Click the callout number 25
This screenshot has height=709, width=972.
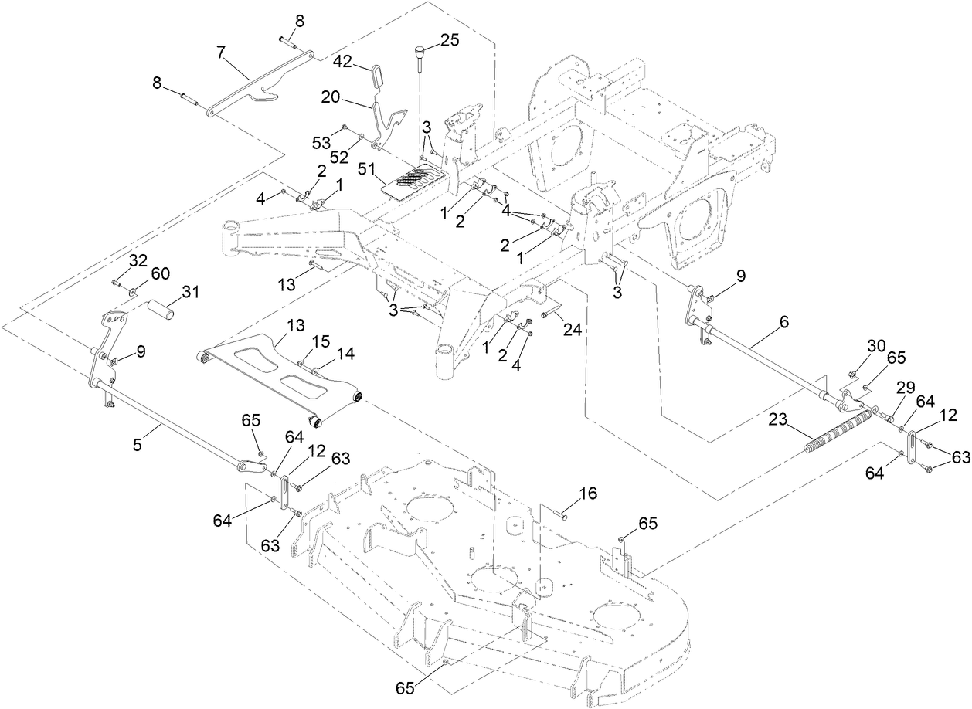pos(449,39)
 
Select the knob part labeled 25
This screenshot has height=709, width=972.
pos(420,53)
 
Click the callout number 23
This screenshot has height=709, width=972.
pos(778,420)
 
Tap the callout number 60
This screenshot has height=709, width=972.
pos(160,273)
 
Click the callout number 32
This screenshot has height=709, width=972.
pos(138,261)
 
